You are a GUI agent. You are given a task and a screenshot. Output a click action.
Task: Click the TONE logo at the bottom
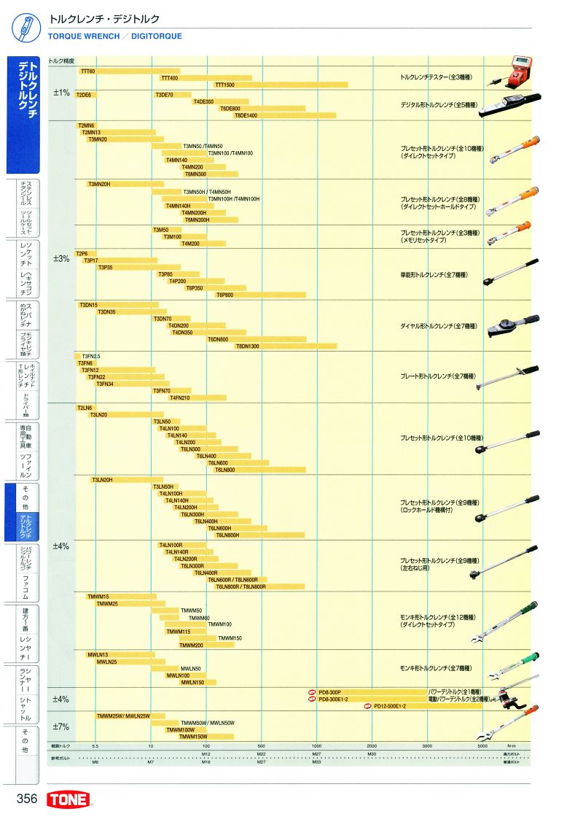[69, 799]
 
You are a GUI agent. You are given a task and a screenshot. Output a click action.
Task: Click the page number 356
[27, 799]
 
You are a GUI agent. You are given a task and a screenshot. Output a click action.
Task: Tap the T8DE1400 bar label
[246, 115]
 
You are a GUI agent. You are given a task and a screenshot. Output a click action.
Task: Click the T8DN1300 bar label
[248, 346]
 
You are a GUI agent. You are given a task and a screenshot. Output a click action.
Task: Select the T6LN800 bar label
[227, 470]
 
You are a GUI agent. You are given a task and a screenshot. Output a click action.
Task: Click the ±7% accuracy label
[60, 726]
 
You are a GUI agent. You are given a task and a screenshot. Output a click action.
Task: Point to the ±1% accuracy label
[60, 93]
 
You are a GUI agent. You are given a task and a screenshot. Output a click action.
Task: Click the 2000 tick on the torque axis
[372, 746]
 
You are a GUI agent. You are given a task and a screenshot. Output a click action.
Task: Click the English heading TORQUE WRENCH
[84, 36]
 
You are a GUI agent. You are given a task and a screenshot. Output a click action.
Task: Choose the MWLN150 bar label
[192, 683]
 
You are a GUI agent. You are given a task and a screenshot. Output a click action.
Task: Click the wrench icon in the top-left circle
[25, 26]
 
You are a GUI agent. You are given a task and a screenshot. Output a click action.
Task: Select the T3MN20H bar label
[99, 184]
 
